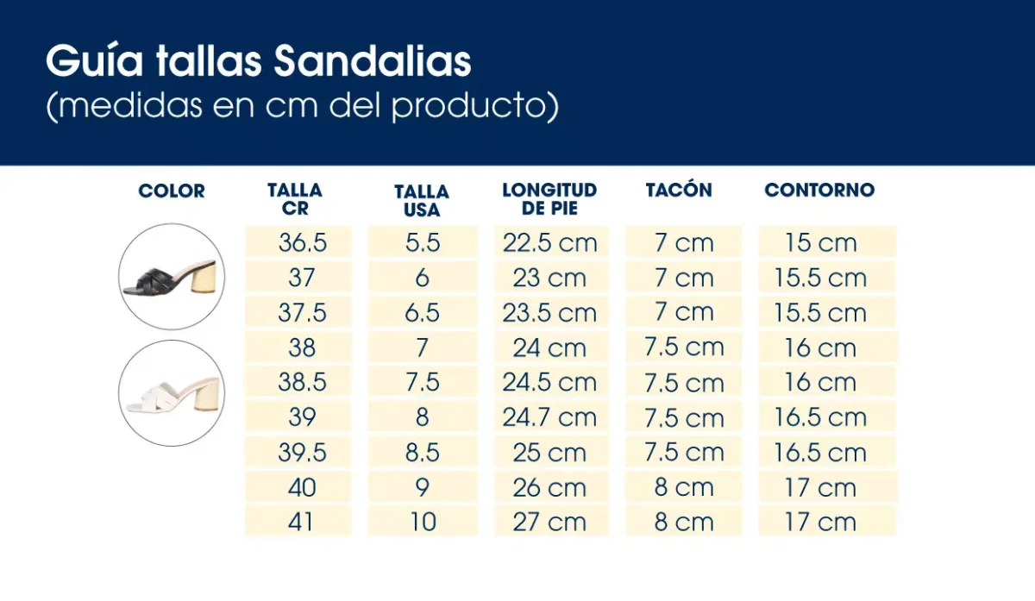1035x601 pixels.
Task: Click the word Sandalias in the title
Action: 373,62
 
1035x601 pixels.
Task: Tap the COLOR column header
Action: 172,191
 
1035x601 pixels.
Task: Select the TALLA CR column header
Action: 295,199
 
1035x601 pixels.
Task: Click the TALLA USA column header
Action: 422,201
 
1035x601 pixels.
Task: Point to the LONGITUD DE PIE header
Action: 549,199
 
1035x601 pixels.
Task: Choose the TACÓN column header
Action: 679,191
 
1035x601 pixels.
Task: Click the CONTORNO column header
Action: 819,191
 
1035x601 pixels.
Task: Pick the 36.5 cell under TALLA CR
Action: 302,242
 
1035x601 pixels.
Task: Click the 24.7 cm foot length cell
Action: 549,417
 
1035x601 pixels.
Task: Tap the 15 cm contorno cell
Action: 820,242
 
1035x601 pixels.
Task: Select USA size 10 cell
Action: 423,522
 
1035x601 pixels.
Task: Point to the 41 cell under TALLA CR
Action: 302,522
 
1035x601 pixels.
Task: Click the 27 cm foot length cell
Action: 549,522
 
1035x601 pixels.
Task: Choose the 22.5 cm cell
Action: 549,242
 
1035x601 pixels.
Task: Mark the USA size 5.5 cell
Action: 423,242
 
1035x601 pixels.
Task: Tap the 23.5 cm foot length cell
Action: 549,312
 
